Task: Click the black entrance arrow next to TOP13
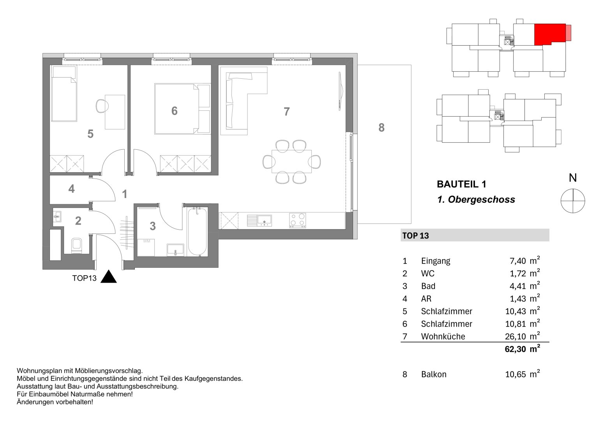109,277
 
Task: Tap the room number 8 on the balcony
381,127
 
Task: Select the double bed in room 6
177,108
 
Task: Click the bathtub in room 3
197,232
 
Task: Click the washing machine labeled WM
147,247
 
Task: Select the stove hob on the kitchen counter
297,220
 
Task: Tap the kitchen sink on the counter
259,221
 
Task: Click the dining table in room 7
292,161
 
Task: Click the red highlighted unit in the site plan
549,34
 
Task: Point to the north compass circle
572,201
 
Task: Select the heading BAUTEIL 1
461,184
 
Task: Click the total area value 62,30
515,349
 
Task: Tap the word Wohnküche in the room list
443,336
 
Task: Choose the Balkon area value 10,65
515,375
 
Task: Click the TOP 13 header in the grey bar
415,235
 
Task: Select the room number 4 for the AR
71,189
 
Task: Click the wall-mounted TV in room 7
340,93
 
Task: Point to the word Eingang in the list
435,261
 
